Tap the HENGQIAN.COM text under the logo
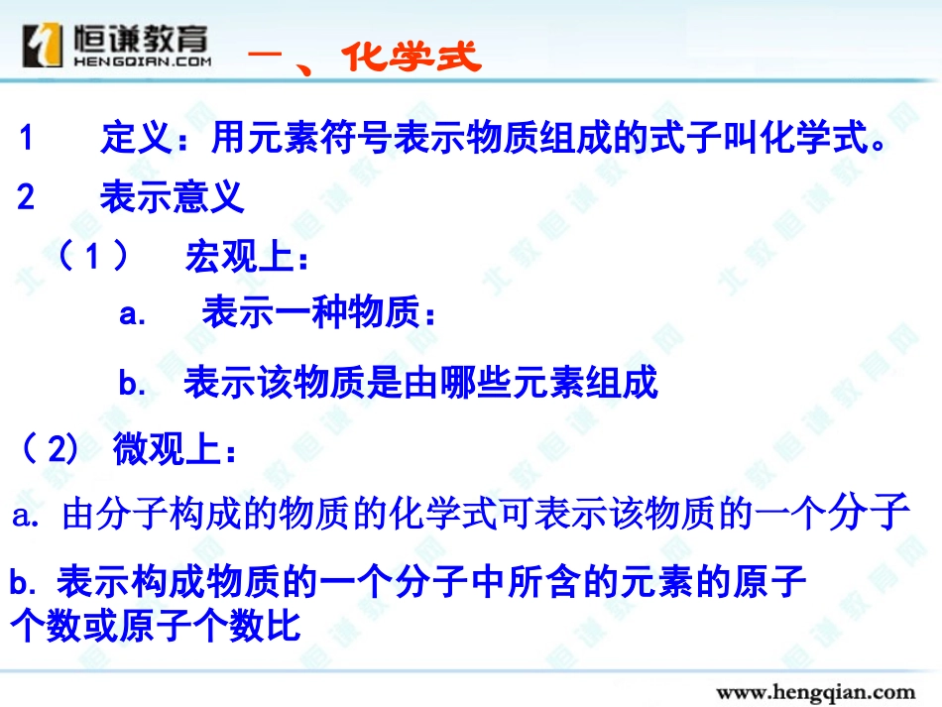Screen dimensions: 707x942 point(142,61)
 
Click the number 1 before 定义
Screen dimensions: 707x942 point(27,139)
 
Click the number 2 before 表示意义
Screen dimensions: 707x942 point(27,197)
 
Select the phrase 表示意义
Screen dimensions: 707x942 point(172,197)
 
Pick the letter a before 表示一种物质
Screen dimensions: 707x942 point(133,316)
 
